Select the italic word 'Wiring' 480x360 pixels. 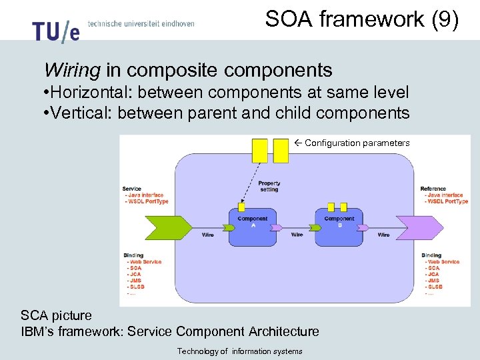click(71, 70)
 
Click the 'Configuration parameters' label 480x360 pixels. click(357, 143)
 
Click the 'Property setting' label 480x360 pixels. click(269, 186)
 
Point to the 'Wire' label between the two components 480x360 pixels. click(297, 235)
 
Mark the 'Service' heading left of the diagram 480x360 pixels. click(132, 189)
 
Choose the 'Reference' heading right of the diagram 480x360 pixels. click(433, 189)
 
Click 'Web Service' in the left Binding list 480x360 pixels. click(146, 262)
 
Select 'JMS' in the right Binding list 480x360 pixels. click(433, 281)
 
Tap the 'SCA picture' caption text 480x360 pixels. click(57, 315)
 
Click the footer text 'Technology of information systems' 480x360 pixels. click(239, 351)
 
